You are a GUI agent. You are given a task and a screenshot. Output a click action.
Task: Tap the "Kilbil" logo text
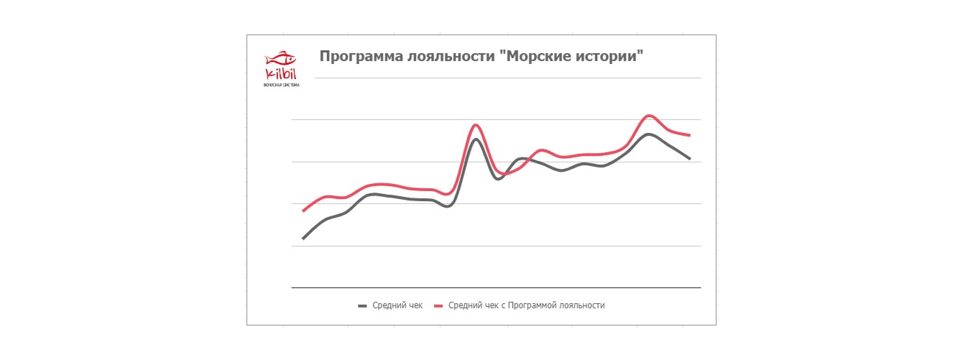tap(281, 73)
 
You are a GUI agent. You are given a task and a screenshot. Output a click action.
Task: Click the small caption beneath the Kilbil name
tap(282, 85)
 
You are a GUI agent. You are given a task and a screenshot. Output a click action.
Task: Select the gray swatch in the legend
tap(363, 305)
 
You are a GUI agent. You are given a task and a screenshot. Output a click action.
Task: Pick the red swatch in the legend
tap(439, 305)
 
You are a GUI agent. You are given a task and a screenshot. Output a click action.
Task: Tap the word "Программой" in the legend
tap(534, 305)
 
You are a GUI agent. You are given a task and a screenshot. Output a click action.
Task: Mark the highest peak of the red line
tap(650, 116)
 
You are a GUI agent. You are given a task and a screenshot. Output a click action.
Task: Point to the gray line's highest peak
tap(649, 134)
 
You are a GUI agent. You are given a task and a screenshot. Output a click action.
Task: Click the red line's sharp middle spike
tap(475, 125)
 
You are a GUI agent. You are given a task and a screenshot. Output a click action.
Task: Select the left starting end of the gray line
tap(303, 238)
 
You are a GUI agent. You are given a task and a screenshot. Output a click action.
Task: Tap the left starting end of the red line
tap(303, 211)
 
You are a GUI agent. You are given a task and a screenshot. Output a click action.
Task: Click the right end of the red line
tap(689, 135)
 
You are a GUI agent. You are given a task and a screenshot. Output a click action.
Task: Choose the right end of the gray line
tap(689, 158)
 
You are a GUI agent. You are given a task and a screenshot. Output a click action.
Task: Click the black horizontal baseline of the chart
tap(496, 287)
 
